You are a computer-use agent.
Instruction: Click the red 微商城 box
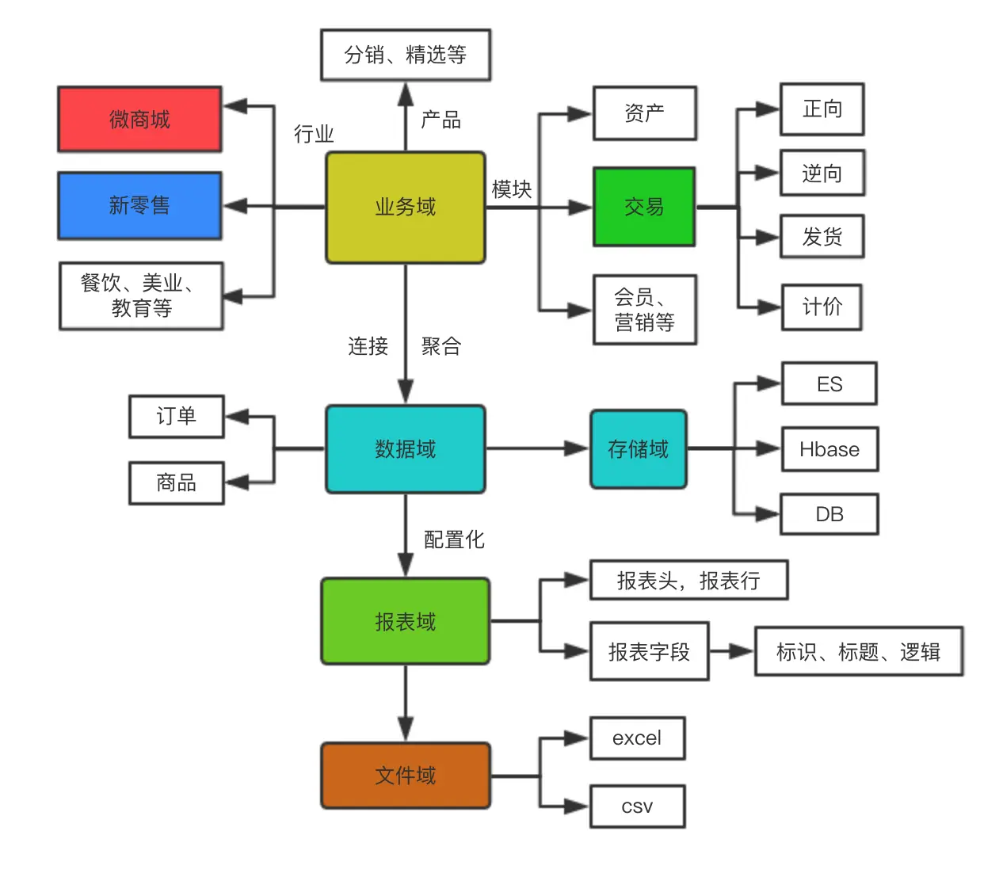tap(139, 120)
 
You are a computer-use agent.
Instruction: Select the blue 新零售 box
tap(139, 206)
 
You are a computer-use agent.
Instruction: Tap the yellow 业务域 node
tap(405, 208)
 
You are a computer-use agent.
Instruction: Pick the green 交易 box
tap(644, 207)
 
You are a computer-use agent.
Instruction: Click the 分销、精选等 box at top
tap(405, 55)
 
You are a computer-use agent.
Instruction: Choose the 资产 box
tap(644, 113)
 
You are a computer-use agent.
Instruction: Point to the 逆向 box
tap(822, 173)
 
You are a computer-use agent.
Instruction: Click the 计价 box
tap(822, 307)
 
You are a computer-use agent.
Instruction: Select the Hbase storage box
tap(829, 449)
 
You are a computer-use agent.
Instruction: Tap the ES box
tap(829, 384)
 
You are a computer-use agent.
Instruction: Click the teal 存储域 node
tap(638, 449)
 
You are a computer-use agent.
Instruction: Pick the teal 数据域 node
tap(405, 449)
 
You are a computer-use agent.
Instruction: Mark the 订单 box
tap(176, 416)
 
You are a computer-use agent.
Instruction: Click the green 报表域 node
tap(405, 622)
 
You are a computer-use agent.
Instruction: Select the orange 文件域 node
tap(405, 776)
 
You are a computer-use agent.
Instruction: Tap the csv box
tap(637, 806)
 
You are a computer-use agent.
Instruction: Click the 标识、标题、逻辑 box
tap(859, 652)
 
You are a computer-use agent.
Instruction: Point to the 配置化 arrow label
tap(454, 539)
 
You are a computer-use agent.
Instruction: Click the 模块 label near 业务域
tap(512, 189)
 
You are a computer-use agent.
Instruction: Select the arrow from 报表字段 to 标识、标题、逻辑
tap(731, 652)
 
